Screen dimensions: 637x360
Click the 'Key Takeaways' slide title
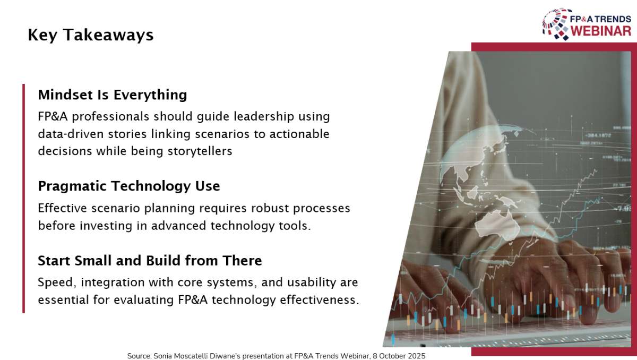pyautogui.click(x=90, y=35)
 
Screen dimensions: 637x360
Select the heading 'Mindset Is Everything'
pyautogui.click(x=113, y=95)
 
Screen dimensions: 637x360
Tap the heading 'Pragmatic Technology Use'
pyautogui.click(x=129, y=186)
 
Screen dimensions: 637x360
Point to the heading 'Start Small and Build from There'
pyautogui.click(x=150, y=261)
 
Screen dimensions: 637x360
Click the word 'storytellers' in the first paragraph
pyautogui.click(x=200, y=151)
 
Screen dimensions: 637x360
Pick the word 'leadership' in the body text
pyautogui.click(x=264, y=117)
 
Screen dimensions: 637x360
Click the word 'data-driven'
pyautogui.click(x=71, y=134)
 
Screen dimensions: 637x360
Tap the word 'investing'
pyautogui.click(x=106, y=226)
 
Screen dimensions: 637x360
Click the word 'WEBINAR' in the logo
pyautogui.click(x=600, y=31)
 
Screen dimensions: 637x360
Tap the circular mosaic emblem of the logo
pyautogui.click(x=557, y=24)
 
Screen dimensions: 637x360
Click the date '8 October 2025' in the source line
pyautogui.click(x=399, y=356)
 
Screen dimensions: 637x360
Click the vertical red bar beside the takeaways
pyautogui.click(x=23, y=199)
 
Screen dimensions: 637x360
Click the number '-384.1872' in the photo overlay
pyautogui.click(x=598, y=135)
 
